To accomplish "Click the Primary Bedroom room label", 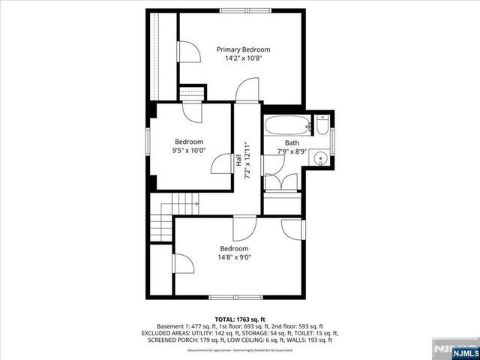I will point(243,49).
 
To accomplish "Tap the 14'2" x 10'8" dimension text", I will point(243,58).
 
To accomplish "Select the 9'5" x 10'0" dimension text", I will point(189,151).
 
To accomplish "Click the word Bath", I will point(292,142).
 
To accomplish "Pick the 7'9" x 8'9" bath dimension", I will point(292,151).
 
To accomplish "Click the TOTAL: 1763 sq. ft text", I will point(240,319).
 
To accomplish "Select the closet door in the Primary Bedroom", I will point(187,52).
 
